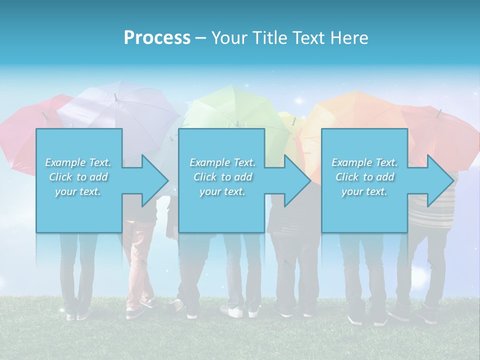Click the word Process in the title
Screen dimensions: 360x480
pos(157,38)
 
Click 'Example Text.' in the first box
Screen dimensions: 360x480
pos(78,162)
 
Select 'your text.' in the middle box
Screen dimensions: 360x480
pos(222,191)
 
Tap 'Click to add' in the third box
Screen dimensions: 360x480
pos(364,177)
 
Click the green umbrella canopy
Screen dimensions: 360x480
pos(235,107)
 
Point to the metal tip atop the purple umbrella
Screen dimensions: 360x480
pos(115,96)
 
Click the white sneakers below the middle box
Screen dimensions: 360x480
pos(235,311)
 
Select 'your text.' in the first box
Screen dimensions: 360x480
pos(78,191)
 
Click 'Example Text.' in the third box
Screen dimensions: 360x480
pos(364,162)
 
